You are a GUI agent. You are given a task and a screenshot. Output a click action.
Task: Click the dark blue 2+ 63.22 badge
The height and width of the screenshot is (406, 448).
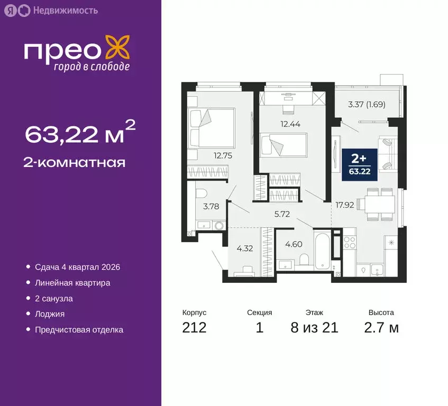click(360, 164)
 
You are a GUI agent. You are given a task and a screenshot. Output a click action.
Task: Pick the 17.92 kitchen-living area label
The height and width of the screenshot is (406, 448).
click(343, 204)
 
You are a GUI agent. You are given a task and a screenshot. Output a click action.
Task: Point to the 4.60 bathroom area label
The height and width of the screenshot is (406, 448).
click(294, 244)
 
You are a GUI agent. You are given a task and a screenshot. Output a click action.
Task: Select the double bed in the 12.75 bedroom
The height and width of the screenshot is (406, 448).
click(211, 128)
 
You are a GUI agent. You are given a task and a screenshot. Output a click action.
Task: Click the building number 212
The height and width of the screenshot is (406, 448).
click(194, 328)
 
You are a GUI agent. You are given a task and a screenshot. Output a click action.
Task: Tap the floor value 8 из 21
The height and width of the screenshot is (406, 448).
click(314, 328)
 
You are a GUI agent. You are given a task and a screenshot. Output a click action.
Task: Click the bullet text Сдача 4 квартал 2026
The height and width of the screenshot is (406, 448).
click(77, 267)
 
